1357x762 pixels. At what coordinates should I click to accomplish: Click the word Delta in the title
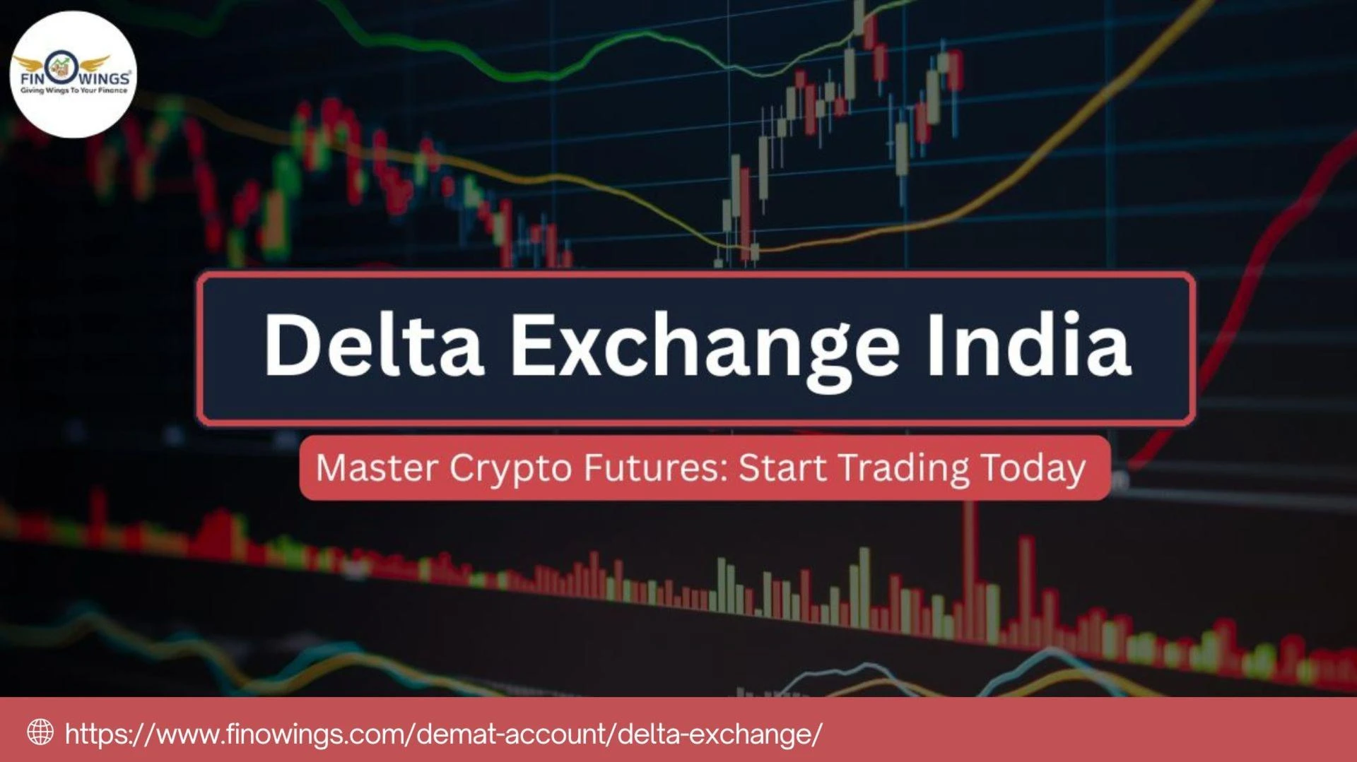click(x=373, y=345)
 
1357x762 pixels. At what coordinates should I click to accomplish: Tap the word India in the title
click(x=1029, y=345)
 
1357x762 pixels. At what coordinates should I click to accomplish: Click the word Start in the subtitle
click(x=782, y=468)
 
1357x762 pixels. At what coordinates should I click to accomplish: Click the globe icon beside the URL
click(x=40, y=732)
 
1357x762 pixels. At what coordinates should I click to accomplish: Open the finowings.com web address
click(x=443, y=734)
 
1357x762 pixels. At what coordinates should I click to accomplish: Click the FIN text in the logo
click(x=32, y=78)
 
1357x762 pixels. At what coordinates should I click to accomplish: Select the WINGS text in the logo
click(x=104, y=78)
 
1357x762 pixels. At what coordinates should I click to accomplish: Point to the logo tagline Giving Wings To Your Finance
click(x=74, y=90)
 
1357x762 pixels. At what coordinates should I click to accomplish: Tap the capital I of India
click(x=936, y=345)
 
